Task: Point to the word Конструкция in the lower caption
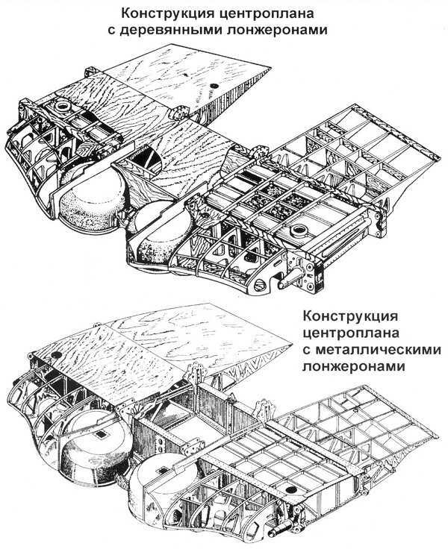pos(351,316)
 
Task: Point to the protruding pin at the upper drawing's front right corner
pos(287,283)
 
